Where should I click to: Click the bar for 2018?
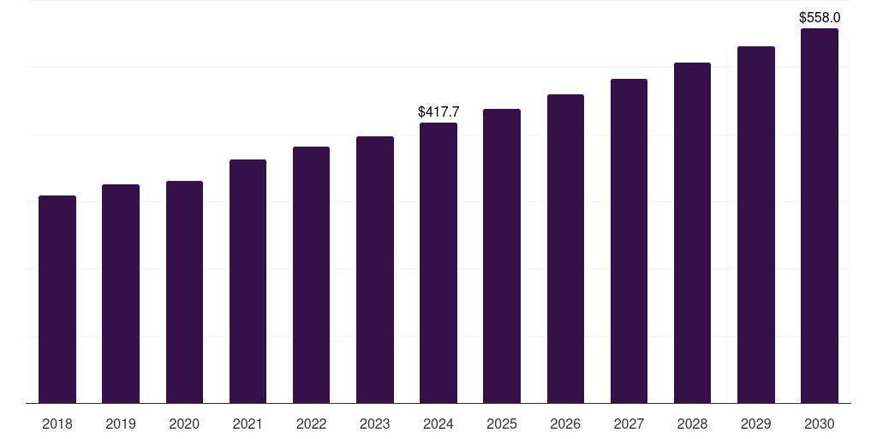[57, 299]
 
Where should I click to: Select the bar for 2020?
[184, 292]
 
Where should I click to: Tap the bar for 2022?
[311, 274]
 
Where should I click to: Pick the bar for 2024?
[438, 262]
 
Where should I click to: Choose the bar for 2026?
[565, 249]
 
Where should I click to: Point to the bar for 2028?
[692, 232]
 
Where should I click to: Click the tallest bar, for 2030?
[820, 215]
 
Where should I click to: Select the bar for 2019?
[121, 293]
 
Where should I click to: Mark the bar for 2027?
[629, 241]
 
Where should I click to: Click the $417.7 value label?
[438, 111]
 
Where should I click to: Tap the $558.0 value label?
[820, 17]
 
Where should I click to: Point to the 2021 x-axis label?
[248, 424]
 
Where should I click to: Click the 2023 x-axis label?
[374, 424]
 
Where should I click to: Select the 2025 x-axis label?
[502, 424]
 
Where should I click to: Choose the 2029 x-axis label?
[755, 424]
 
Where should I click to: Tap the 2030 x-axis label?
[820, 424]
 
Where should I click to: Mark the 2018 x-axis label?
[57, 424]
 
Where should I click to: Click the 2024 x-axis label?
[438, 424]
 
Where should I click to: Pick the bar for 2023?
[374, 269]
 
